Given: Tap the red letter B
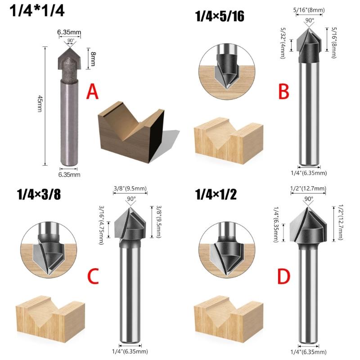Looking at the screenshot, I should point(283,91).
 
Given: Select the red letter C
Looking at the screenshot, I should point(92,277).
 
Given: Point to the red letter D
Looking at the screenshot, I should point(283,277).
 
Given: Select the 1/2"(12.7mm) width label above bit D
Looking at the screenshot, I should point(309,189).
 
